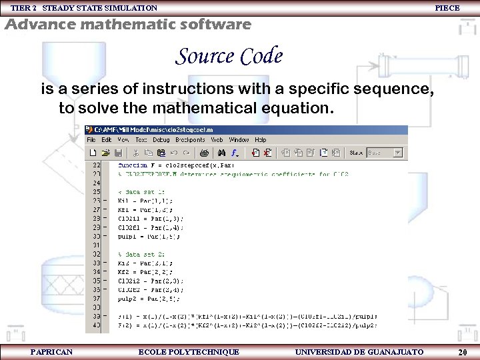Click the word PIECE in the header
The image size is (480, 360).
[x=447, y=8]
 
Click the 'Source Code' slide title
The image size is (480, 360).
[x=229, y=57]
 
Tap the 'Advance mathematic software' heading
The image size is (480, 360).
[x=128, y=25]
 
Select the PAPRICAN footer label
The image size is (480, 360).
[x=51, y=351]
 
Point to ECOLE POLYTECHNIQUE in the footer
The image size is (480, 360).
[x=188, y=351]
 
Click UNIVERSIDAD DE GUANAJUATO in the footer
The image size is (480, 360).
[x=359, y=351]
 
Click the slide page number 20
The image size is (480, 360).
[x=462, y=352]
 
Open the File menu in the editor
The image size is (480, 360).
[x=91, y=140]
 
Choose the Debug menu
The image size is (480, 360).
[x=161, y=140]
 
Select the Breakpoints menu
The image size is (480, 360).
[x=190, y=140]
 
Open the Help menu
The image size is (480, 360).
[x=261, y=140]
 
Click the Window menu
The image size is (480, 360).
[x=239, y=140]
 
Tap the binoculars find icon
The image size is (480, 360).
[x=222, y=153]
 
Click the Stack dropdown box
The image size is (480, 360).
[x=385, y=153]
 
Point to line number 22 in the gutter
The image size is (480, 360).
[x=96, y=164]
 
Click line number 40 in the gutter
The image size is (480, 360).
[x=96, y=325]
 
